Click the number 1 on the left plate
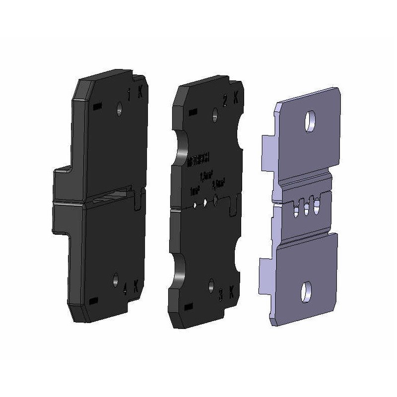tap(130, 93)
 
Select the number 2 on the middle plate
tap(225, 101)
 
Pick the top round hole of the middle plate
tap(215, 115)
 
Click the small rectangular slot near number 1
tap(96, 106)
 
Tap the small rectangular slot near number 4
tap(92, 301)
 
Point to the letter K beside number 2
tap(236, 99)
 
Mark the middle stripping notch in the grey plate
tap(305, 206)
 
